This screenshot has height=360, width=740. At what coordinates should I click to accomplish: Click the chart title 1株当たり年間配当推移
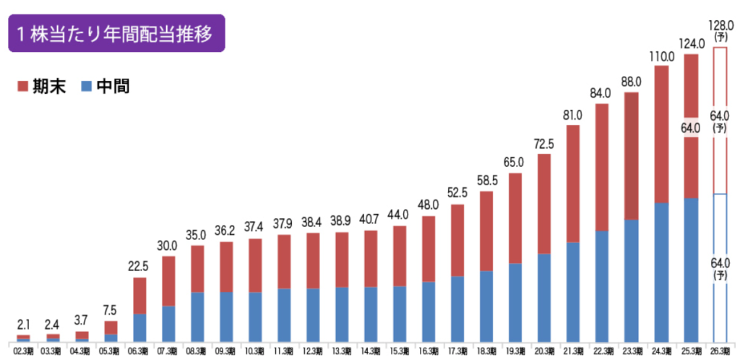point(116,34)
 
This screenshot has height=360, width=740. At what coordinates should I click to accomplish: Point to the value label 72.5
point(543,145)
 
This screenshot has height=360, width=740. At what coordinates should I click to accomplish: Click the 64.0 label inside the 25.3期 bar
point(692,129)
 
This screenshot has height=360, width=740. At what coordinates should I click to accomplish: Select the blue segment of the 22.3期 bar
point(601,286)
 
